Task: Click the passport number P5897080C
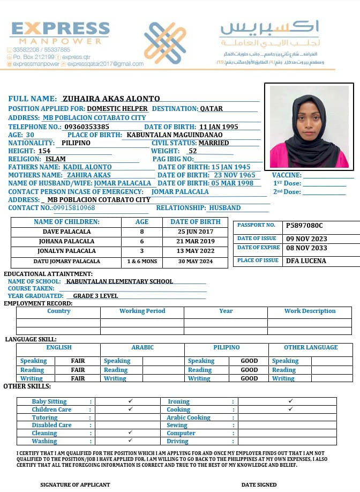(304, 226)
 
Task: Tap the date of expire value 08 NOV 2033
(306, 248)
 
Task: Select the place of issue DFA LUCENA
(306, 260)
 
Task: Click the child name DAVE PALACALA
(66, 232)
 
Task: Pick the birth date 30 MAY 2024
(195, 262)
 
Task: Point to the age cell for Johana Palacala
(141, 241)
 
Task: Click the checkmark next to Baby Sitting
(130, 401)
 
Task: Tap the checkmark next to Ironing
(290, 401)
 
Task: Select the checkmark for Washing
(130, 441)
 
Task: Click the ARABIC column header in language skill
(142, 347)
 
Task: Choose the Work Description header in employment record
(310, 311)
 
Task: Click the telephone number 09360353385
(86, 126)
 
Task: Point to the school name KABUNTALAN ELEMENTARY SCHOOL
(119, 281)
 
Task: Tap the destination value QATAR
(211, 108)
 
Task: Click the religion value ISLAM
(56, 159)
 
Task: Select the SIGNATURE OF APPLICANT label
(75, 484)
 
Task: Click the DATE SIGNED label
(259, 484)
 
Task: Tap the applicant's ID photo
(309, 126)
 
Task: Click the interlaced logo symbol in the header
(165, 43)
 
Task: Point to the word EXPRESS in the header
(60, 28)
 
